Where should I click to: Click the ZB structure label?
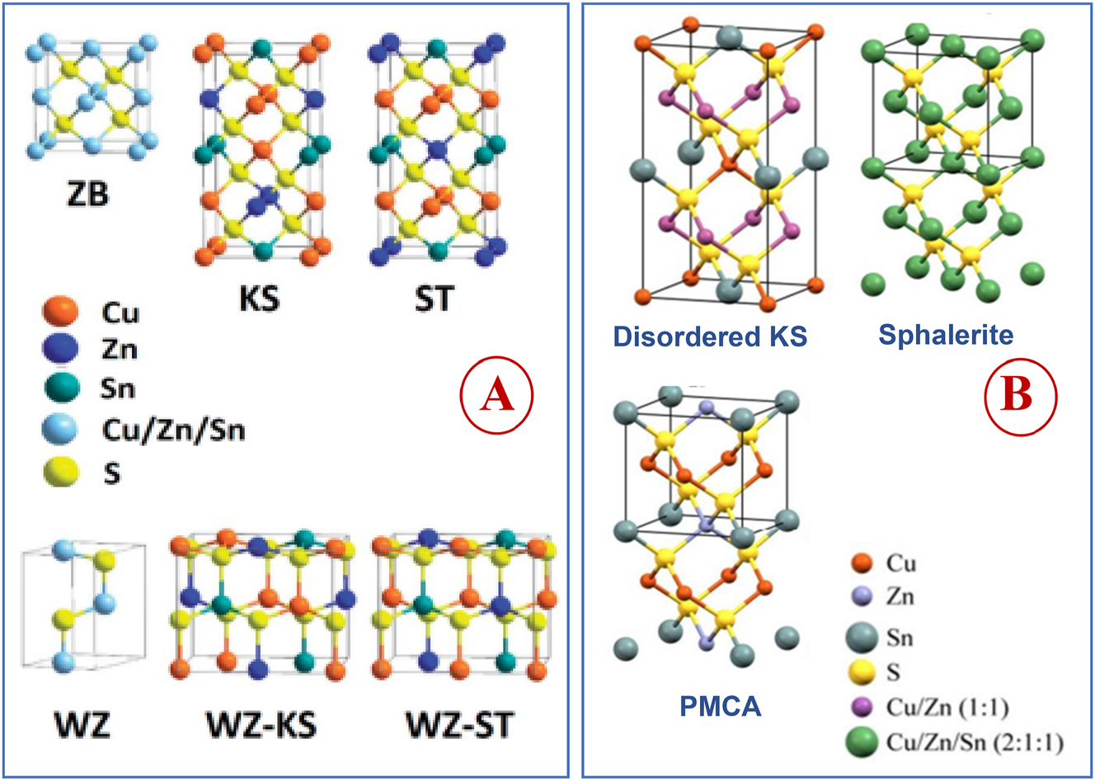click(87, 195)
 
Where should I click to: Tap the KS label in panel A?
click(259, 297)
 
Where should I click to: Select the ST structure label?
click(434, 297)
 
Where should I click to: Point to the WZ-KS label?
click(261, 725)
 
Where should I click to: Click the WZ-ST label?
click(459, 725)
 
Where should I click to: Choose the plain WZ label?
click(82, 725)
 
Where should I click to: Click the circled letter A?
click(497, 397)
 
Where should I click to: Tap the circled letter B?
click(1020, 395)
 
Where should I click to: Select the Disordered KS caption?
click(710, 336)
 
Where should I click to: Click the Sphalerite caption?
click(946, 334)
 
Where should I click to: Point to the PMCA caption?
click(721, 706)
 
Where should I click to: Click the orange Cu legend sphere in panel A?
click(59, 312)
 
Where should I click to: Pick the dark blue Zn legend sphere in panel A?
click(59, 350)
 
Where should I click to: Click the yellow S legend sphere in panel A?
click(59, 473)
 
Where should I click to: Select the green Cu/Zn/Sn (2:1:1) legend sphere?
click(862, 741)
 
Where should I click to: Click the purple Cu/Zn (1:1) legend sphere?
click(861, 707)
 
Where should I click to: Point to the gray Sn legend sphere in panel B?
click(862, 638)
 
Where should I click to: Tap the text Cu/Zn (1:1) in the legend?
click(947, 707)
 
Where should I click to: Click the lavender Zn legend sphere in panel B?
click(861, 596)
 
